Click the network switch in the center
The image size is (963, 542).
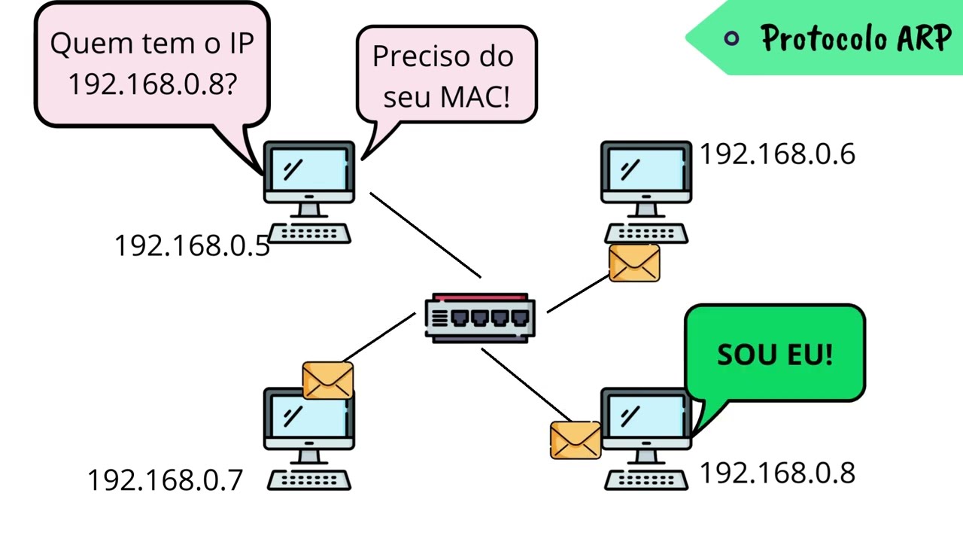[x=480, y=318]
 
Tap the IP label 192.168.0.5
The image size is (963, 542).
[x=192, y=246]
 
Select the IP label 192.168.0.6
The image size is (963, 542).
[x=777, y=154]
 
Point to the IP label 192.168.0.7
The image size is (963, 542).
[x=166, y=480]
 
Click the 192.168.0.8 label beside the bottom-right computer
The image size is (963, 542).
[x=777, y=473]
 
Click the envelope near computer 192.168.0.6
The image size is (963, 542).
[x=634, y=263]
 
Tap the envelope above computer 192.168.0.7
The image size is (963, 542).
[x=328, y=380]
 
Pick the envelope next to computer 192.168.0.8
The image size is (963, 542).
[x=576, y=440]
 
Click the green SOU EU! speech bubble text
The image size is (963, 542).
[x=775, y=355]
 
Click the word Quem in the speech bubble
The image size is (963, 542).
[x=84, y=44]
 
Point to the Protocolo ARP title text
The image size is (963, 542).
[x=855, y=38]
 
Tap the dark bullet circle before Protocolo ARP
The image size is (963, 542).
[x=731, y=38]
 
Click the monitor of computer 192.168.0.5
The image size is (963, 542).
[x=308, y=172]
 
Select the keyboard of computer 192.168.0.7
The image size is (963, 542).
[x=309, y=480]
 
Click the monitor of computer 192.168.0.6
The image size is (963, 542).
[x=646, y=171]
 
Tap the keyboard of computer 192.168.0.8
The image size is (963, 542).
[x=646, y=480]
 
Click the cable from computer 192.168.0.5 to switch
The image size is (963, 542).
[x=425, y=235]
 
